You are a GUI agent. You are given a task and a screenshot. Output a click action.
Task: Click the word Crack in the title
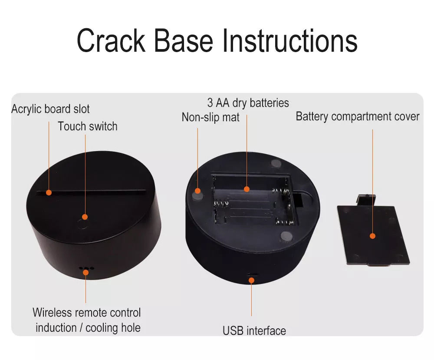[111, 40]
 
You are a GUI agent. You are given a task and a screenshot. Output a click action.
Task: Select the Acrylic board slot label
[50, 109]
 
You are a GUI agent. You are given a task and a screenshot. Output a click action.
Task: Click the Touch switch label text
[88, 126]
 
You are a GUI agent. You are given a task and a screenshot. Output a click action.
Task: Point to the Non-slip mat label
[210, 117]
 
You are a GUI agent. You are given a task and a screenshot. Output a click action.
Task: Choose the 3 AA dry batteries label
[248, 103]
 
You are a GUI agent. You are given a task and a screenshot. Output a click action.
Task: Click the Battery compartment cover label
[358, 116]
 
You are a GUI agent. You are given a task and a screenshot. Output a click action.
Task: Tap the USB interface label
[254, 330]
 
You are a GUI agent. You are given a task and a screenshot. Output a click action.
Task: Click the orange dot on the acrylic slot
[49, 192]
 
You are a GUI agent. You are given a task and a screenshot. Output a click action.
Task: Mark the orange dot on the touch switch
[85, 217]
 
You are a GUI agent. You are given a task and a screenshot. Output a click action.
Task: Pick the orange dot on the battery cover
[372, 236]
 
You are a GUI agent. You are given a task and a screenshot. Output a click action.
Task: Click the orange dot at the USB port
[251, 280]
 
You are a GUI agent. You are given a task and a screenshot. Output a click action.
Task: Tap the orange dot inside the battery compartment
[247, 189]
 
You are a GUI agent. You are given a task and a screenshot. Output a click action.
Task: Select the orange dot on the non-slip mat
[197, 191]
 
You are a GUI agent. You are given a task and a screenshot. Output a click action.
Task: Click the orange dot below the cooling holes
[86, 272]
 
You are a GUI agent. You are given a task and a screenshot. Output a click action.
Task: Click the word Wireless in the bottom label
[53, 312]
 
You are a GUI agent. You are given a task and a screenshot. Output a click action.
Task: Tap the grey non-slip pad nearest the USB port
[286, 236]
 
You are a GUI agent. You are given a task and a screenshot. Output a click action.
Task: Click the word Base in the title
[184, 40]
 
